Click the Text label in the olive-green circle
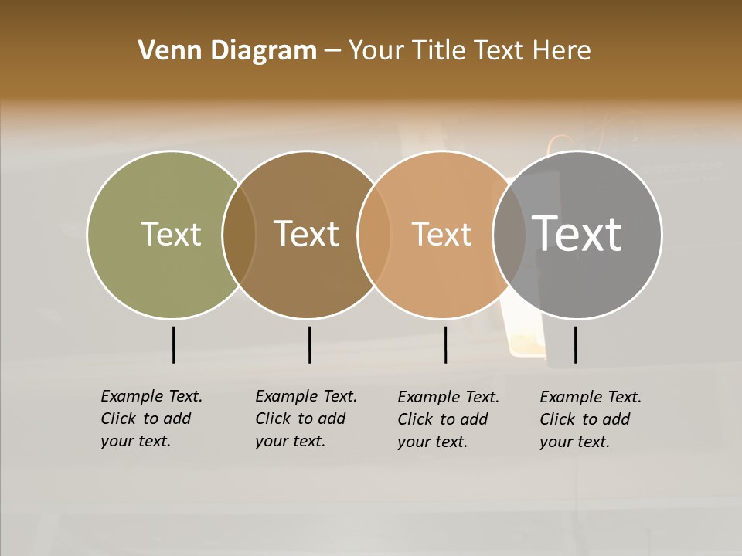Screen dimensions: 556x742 (171, 234)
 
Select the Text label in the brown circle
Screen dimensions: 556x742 (306, 234)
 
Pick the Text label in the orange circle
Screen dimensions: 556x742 (441, 234)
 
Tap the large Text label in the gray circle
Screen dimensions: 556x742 (577, 234)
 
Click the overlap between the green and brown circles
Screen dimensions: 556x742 (239, 235)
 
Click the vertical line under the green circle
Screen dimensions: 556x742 (173, 344)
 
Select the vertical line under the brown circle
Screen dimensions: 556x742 (309, 344)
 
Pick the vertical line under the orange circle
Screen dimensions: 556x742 (445, 344)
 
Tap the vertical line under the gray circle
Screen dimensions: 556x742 (575, 344)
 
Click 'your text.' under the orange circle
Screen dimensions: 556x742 (432, 442)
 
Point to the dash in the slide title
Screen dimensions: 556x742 (332, 52)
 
